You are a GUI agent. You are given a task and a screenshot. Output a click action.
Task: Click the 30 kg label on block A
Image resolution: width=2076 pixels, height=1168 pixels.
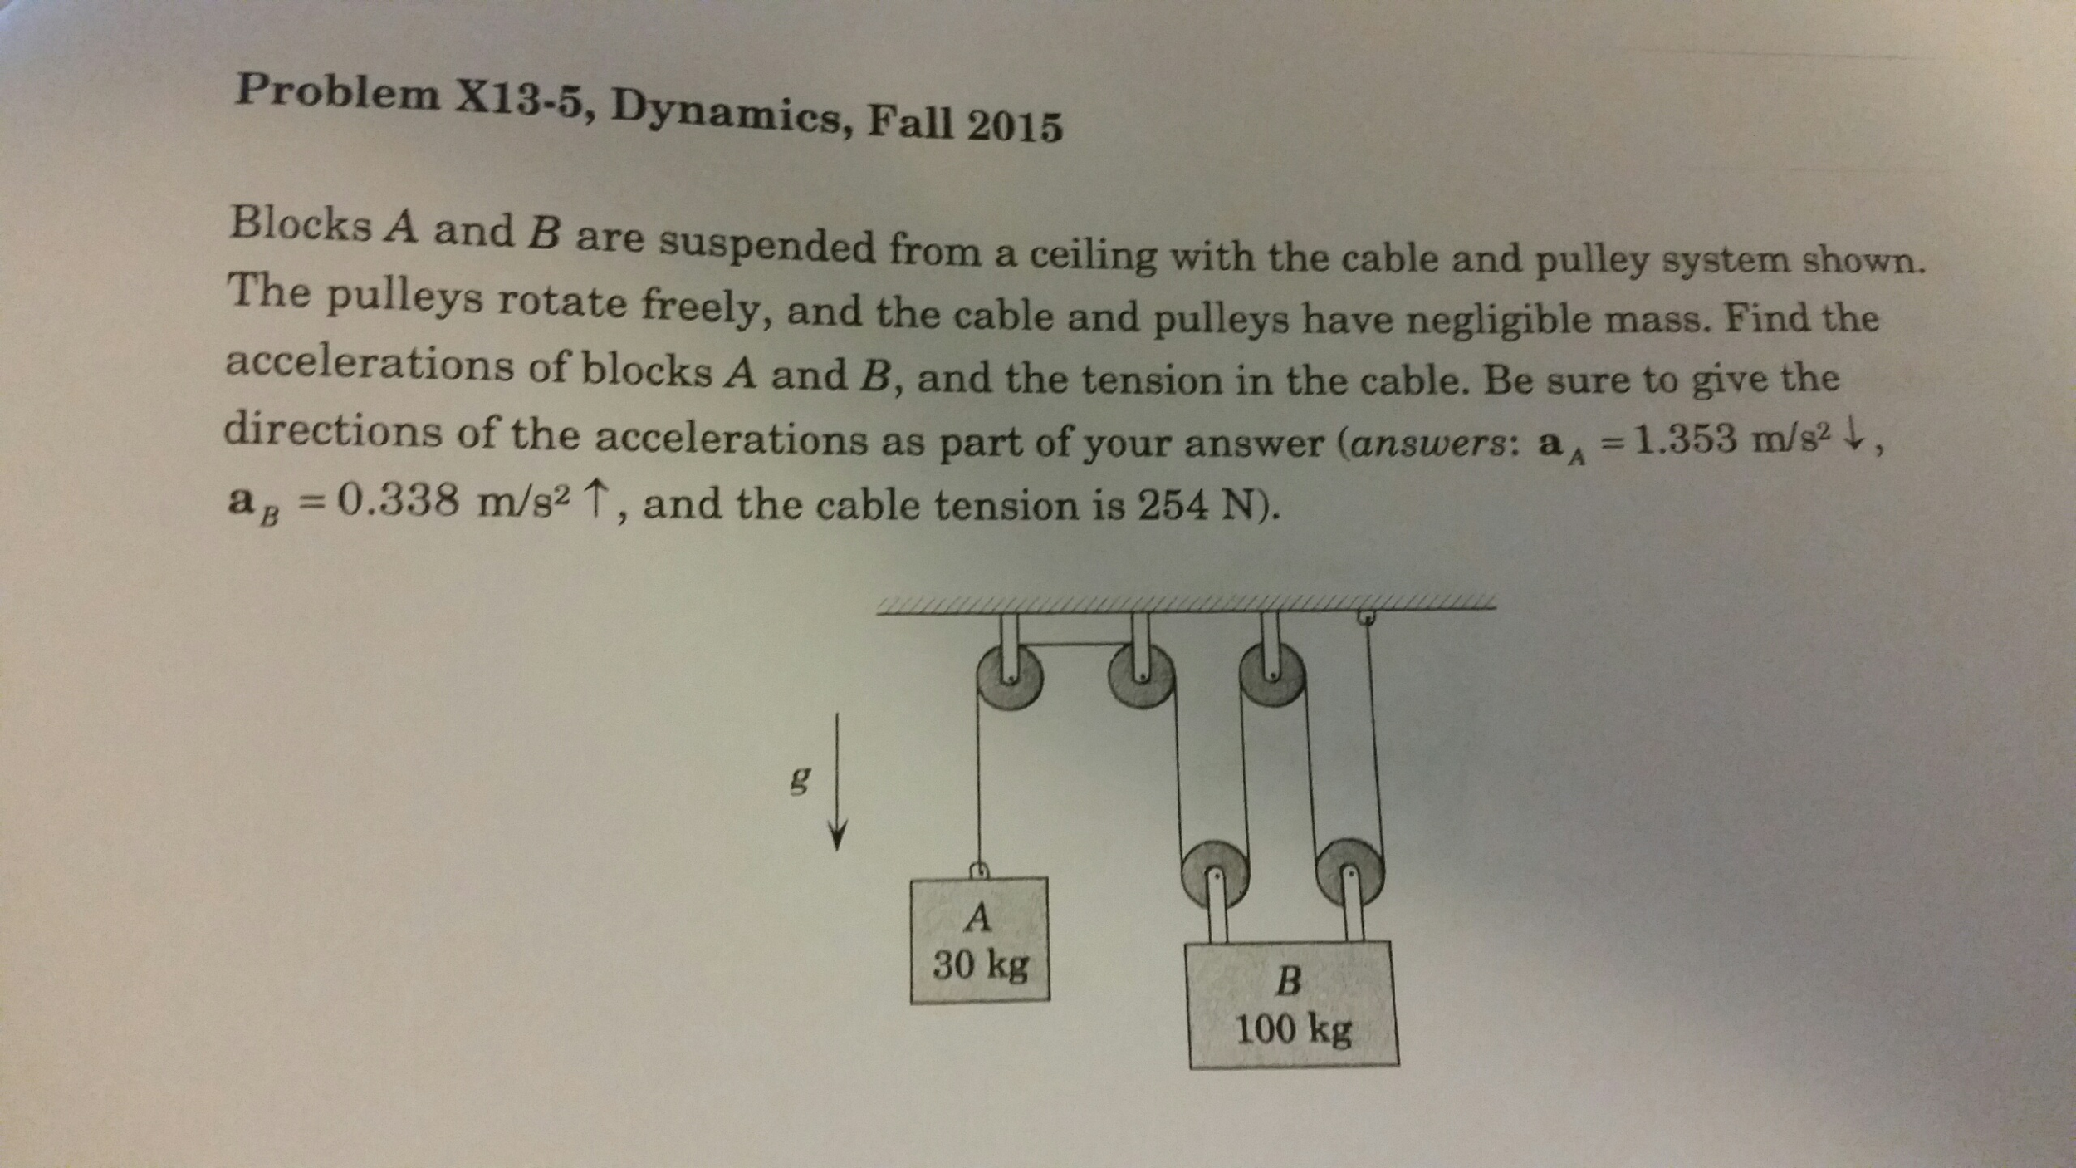tap(981, 965)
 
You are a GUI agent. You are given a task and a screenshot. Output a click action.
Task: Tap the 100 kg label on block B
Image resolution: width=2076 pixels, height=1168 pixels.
tap(1293, 1030)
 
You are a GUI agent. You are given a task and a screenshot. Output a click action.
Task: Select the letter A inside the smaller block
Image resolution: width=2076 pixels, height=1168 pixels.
tap(979, 918)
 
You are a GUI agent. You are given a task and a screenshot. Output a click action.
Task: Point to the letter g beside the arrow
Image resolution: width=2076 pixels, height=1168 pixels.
tap(798, 781)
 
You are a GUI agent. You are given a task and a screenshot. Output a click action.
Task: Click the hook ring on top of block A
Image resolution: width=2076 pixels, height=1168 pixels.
tap(980, 870)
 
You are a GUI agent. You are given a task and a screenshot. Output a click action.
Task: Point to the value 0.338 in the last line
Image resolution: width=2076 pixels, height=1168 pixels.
tap(400, 501)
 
